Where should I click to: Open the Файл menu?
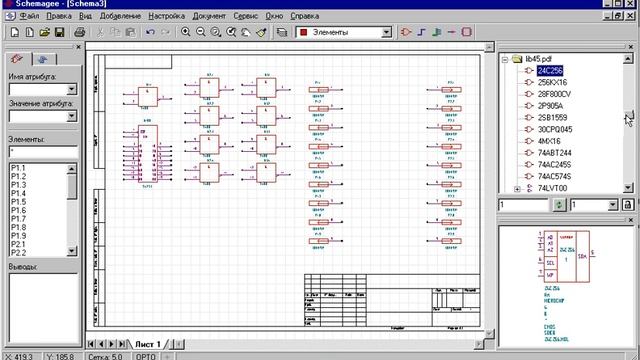coord(30,18)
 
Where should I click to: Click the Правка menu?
coord(60,18)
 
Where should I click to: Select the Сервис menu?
coord(247,18)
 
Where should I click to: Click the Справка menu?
coord(304,18)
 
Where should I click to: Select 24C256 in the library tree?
coord(550,71)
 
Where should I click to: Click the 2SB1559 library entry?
coord(553,117)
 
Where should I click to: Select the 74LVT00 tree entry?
coord(552,187)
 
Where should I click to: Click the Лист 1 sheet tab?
coord(148,343)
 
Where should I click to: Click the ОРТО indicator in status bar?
coord(147,355)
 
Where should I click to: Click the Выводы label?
coord(23,266)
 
